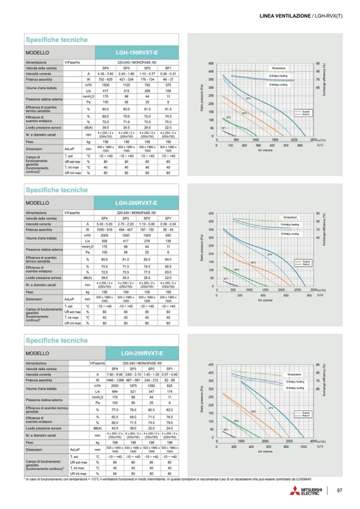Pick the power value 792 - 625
(x=105, y=79)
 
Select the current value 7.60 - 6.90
(x=114, y=374)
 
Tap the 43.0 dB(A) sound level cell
(x=114, y=428)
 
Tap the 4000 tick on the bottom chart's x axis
(x=313, y=441)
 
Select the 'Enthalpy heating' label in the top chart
(x=278, y=76)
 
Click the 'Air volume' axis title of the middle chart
(x=264, y=300)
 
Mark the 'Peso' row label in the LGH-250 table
(x=32, y=442)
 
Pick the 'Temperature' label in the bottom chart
(x=295, y=375)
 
